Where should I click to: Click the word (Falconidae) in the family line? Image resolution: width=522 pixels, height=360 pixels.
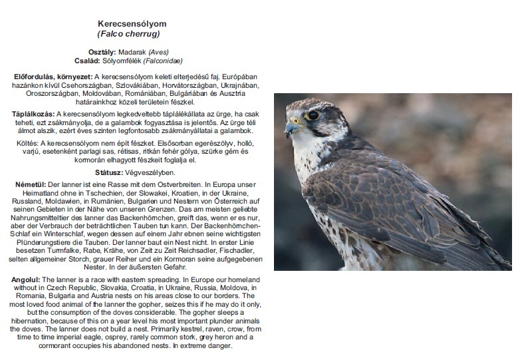(x=158, y=60)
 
